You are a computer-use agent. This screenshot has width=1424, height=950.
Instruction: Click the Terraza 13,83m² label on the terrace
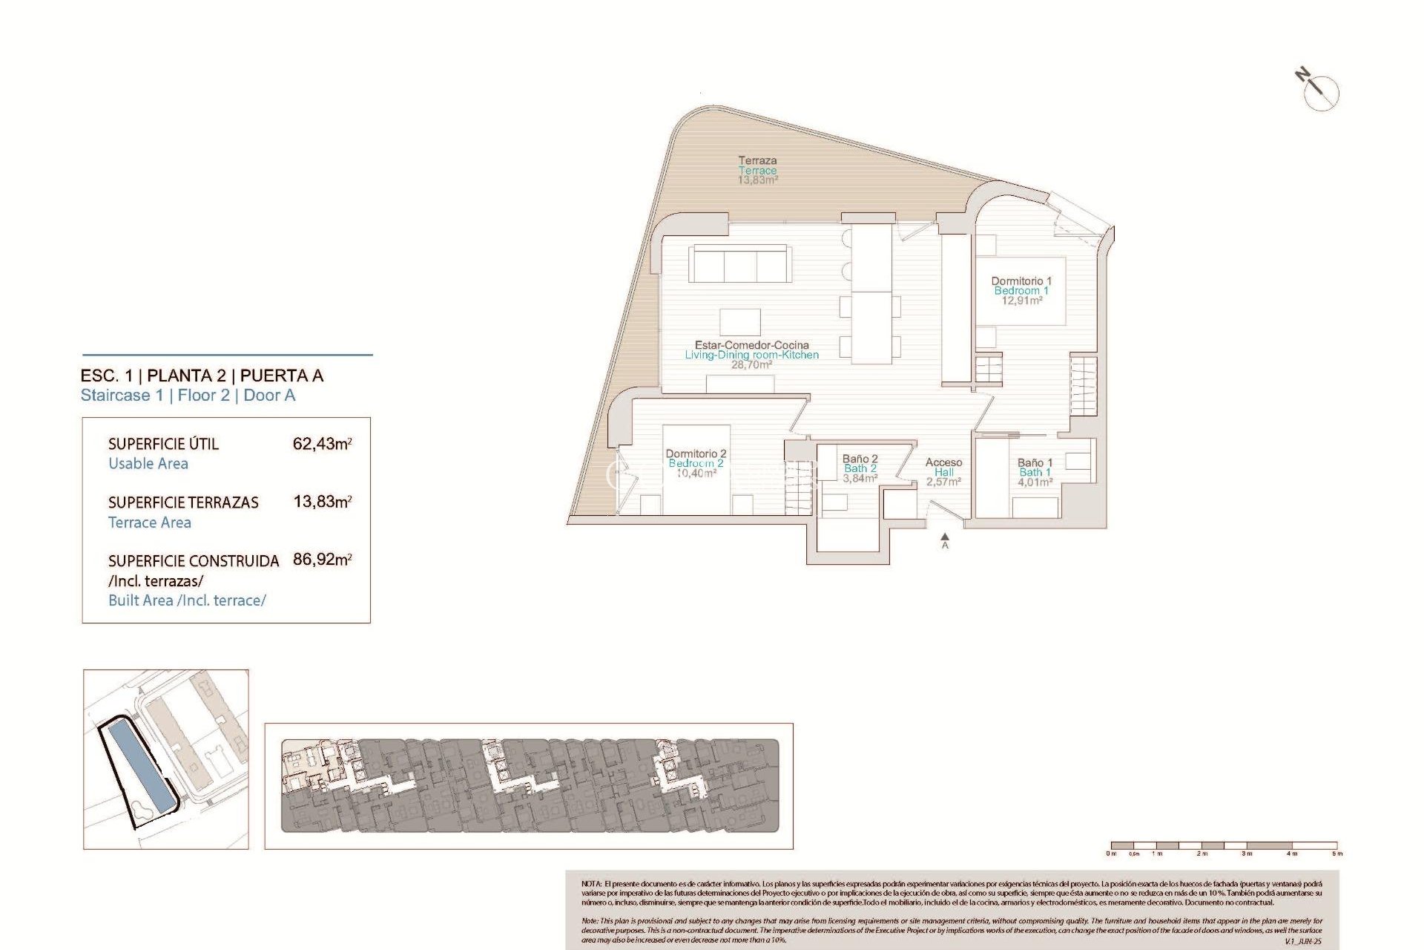point(757,170)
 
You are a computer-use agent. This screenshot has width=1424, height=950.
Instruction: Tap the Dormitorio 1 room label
point(1021,290)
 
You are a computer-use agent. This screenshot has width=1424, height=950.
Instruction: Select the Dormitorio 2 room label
point(696,463)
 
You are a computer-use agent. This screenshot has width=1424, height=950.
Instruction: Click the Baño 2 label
point(860,468)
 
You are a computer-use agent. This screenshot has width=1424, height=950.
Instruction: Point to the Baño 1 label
point(1035,472)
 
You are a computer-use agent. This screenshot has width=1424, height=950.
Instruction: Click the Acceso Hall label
point(943,472)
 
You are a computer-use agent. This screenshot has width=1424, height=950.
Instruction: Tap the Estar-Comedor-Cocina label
point(751,355)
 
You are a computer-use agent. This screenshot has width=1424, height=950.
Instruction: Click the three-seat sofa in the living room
point(739,264)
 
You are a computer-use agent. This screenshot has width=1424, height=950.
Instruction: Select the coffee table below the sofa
point(739,322)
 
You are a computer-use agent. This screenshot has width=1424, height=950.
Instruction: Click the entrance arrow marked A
point(945,540)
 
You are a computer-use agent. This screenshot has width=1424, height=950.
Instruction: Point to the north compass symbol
point(1319,91)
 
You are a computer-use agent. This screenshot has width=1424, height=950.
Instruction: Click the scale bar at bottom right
point(1224,846)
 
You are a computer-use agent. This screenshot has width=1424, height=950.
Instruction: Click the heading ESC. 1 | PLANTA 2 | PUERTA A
point(202,376)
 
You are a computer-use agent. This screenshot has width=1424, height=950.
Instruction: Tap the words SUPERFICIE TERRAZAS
point(183,502)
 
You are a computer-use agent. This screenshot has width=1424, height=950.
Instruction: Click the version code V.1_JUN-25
point(1303,941)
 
